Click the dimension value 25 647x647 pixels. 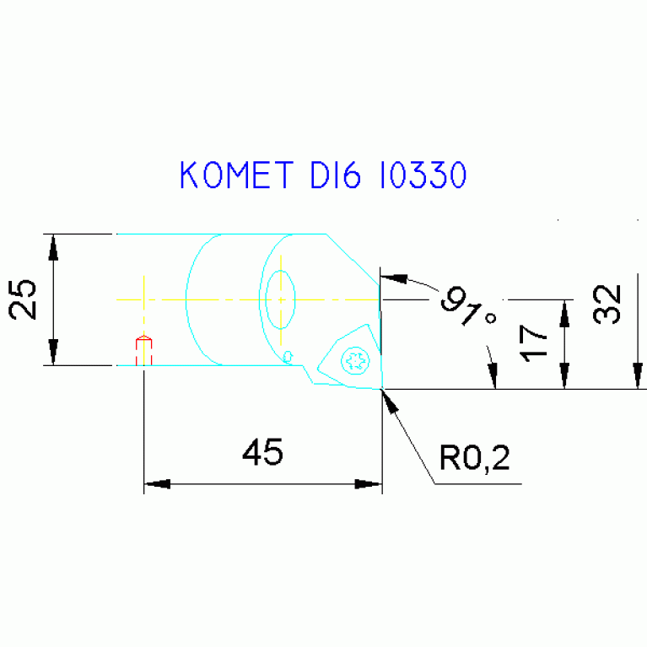coord(24,299)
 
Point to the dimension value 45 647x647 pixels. coord(262,453)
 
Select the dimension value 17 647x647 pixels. coord(533,344)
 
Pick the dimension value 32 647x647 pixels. coord(607,305)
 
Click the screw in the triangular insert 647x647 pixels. coord(355,362)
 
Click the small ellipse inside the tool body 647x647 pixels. coord(280,299)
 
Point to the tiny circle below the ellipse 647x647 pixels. coord(288,355)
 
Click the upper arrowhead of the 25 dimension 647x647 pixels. coord(54,245)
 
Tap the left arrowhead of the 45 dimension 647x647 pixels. coord(158,484)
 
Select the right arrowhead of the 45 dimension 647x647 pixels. coord(369,484)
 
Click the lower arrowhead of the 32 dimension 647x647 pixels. coord(638,376)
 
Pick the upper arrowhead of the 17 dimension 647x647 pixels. coord(564,311)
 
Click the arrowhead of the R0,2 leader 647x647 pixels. coord(390,399)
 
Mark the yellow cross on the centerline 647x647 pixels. coord(144,299)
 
